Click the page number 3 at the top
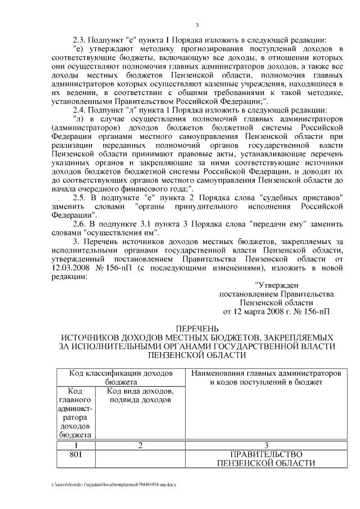(197, 24)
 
